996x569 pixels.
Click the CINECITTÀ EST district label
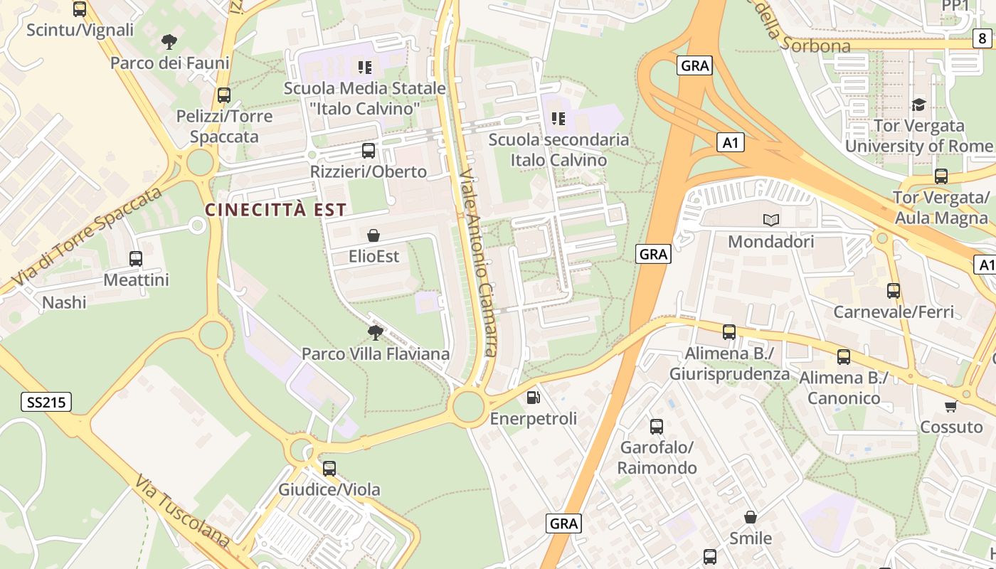[275, 210]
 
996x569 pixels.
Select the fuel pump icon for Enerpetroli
[533, 397]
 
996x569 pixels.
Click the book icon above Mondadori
[770, 220]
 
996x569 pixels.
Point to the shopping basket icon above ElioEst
[373, 235]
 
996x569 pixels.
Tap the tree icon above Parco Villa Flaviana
[375, 332]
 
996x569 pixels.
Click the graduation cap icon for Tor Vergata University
[919, 105]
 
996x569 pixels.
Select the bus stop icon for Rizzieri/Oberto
[368, 150]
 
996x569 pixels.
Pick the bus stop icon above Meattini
[136, 258]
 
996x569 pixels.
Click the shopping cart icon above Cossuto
[950, 406]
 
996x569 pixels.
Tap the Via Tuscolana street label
[181, 512]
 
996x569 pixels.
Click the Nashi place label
[64, 302]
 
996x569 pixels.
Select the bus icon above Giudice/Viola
[329, 468]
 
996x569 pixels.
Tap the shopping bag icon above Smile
[750, 516]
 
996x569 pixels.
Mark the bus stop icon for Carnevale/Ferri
[893, 290]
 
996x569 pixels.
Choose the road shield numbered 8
[982, 38]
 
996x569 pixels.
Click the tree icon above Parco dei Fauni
[169, 41]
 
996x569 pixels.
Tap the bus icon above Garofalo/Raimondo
[657, 426]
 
